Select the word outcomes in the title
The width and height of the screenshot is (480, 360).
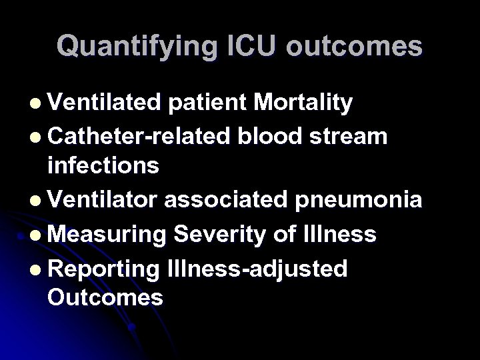pyautogui.click(x=351, y=46)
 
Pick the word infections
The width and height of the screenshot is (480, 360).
pyautogui.click(x=103, y=165)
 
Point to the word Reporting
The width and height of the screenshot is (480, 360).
pyautogui.click(x=103, y=268)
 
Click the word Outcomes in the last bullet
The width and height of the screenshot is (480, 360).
pyautogui.click(x=105, y=297)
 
